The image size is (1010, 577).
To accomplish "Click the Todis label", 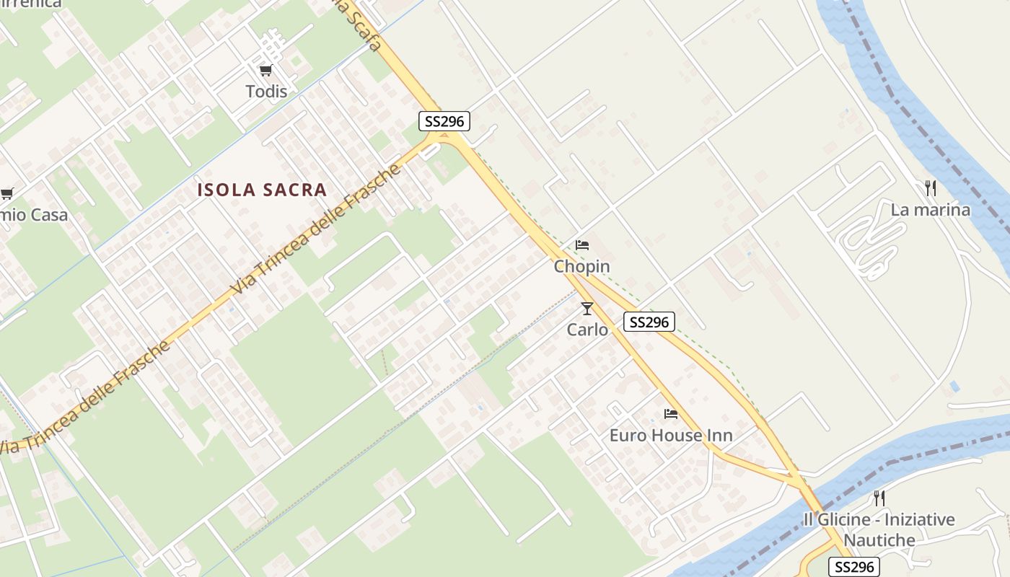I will click(266, 92).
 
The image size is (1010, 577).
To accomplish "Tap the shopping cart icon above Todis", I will click(266, 71).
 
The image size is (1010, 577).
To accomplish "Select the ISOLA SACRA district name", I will click(263, 190).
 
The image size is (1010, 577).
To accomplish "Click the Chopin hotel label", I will click(582, 267).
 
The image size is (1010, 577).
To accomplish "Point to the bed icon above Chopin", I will click(582, 245).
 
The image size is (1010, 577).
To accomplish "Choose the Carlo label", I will click(587, 330).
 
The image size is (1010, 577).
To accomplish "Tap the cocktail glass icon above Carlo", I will click(587, 309).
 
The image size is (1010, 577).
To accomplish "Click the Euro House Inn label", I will click(671, 436).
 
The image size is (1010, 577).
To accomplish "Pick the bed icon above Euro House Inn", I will click(671, 414).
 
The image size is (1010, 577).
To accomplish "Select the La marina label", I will click(931, 211).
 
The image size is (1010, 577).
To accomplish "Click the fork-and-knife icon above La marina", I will click(931, 188).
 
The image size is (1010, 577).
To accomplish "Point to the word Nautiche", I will click(879, 540).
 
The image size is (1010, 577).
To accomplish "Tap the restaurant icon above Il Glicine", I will click(879, 498).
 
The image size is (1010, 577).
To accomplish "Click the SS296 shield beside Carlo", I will click(649, 322).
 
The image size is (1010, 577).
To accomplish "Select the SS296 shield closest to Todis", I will click(445, 121).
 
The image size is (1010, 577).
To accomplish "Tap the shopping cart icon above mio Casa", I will click(6, 193).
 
